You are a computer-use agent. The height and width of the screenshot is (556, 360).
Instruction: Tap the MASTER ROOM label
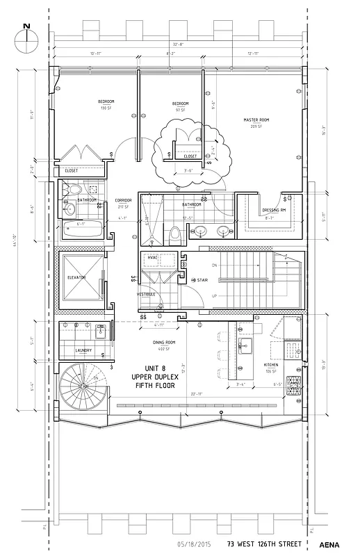click(256, 120)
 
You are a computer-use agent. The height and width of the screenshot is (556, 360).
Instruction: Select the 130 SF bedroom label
click(106, 102)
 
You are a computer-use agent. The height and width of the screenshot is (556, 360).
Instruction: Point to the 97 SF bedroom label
click(181, 104)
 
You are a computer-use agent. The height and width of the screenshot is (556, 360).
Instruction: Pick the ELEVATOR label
click(76, 277)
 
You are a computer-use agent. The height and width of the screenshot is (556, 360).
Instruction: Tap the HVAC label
click(152, 259)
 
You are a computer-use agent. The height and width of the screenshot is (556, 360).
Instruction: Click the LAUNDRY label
click(84, 350)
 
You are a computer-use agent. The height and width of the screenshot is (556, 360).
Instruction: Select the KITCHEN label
click(271, 364)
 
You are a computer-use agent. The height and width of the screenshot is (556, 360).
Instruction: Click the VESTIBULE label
click(145, 294)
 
